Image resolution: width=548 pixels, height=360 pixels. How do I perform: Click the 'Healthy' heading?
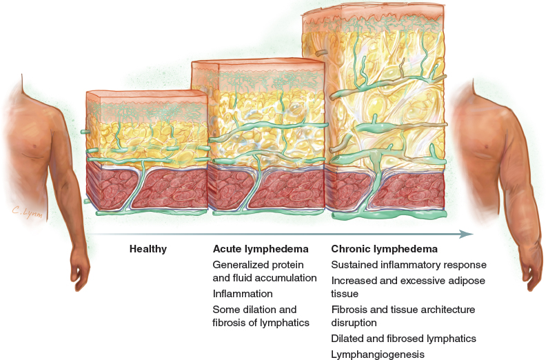(x=148, y=249)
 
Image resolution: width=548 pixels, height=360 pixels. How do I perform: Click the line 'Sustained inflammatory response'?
(x=409, y=265)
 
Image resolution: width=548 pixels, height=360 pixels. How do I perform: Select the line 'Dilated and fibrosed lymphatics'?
(x=403, y=339)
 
